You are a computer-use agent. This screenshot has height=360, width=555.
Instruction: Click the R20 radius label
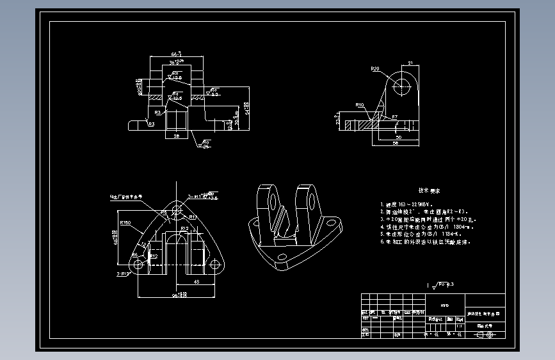point(376,69)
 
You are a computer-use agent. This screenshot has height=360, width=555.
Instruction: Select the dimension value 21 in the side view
point(410,63)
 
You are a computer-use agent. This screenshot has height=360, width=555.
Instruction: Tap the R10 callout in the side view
point(360,104)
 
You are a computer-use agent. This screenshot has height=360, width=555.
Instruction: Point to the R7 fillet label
point(395,117)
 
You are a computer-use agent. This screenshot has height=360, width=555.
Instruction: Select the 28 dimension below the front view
point(176,136)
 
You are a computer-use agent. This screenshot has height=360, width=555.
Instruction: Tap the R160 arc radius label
point(125,222)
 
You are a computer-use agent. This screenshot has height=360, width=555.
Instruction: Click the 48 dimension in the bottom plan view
point(197,281)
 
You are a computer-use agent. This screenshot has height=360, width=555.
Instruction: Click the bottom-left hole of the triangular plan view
point(136,264)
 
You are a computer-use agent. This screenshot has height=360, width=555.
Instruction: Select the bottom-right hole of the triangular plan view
point(214,264)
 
